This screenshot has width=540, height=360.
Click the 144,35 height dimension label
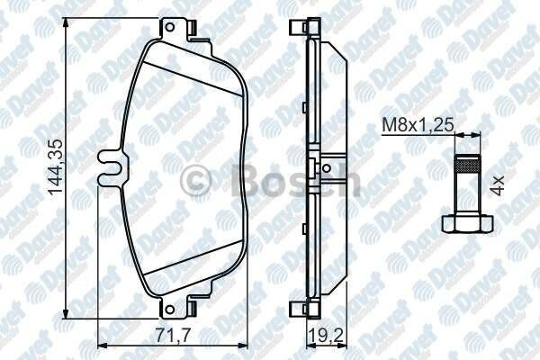(55, 167)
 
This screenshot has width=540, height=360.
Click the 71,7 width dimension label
(173, 335)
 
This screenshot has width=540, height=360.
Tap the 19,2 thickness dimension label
(327, 336)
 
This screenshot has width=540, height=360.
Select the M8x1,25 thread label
(418, 125)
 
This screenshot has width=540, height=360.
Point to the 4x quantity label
(498, 185)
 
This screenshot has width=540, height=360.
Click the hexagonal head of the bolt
(467, 223)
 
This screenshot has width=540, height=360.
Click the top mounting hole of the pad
(169, 27)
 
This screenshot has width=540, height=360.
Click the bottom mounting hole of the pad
(169, 310)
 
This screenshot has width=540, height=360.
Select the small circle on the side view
(327, 168)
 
